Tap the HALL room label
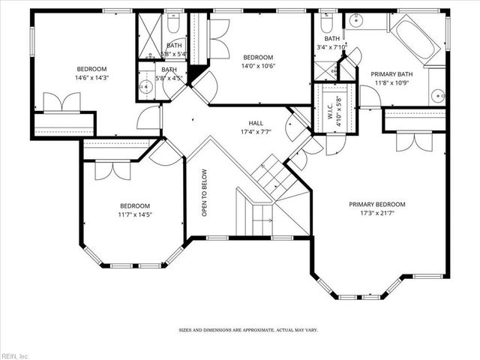pyautogui.click(x=256, y=123)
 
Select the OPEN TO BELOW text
pyautogui.click(x=204, y=197)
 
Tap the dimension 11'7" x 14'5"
pyautogui.click(x=135, y=215)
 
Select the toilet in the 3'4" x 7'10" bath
pyautogui.click(x=327, y=20)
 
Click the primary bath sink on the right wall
pyautogui.click(x=437, y=96)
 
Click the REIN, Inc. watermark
pyautogui.click(x=15, y=355)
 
